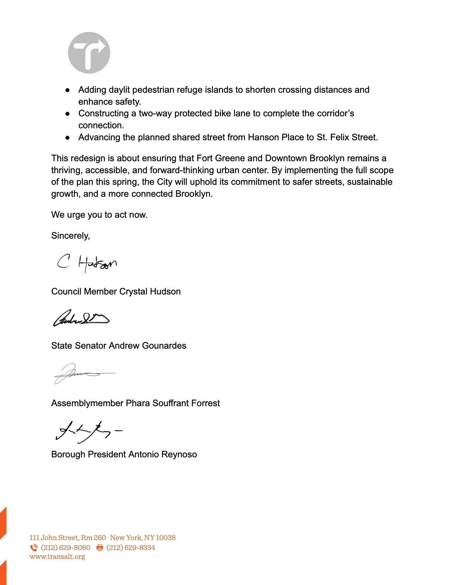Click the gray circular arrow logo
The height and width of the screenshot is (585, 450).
click(x=89, y=53)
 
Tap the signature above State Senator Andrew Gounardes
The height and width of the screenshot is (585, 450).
click(x=81, y=318)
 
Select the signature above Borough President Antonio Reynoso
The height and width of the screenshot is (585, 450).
click(x=89, y=431)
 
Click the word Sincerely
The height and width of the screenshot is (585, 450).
click(x=70, y=236)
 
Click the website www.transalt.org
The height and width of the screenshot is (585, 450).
click(x=57, y=556)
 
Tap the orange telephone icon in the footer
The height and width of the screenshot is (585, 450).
click(x=34, y=547)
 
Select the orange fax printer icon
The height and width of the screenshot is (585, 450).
click(x=100, y=547)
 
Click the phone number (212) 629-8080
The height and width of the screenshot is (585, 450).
click(x=66, y=547)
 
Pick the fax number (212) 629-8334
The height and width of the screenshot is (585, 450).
click(x=131, y=547)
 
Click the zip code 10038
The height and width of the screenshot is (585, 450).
click(x=165, y=537)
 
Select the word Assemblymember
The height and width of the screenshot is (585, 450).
click(x=87, y=403)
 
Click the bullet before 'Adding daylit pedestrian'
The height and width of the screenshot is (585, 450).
click(x=68, y=90)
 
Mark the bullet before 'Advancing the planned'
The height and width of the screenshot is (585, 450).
click(x=68, y=138)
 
